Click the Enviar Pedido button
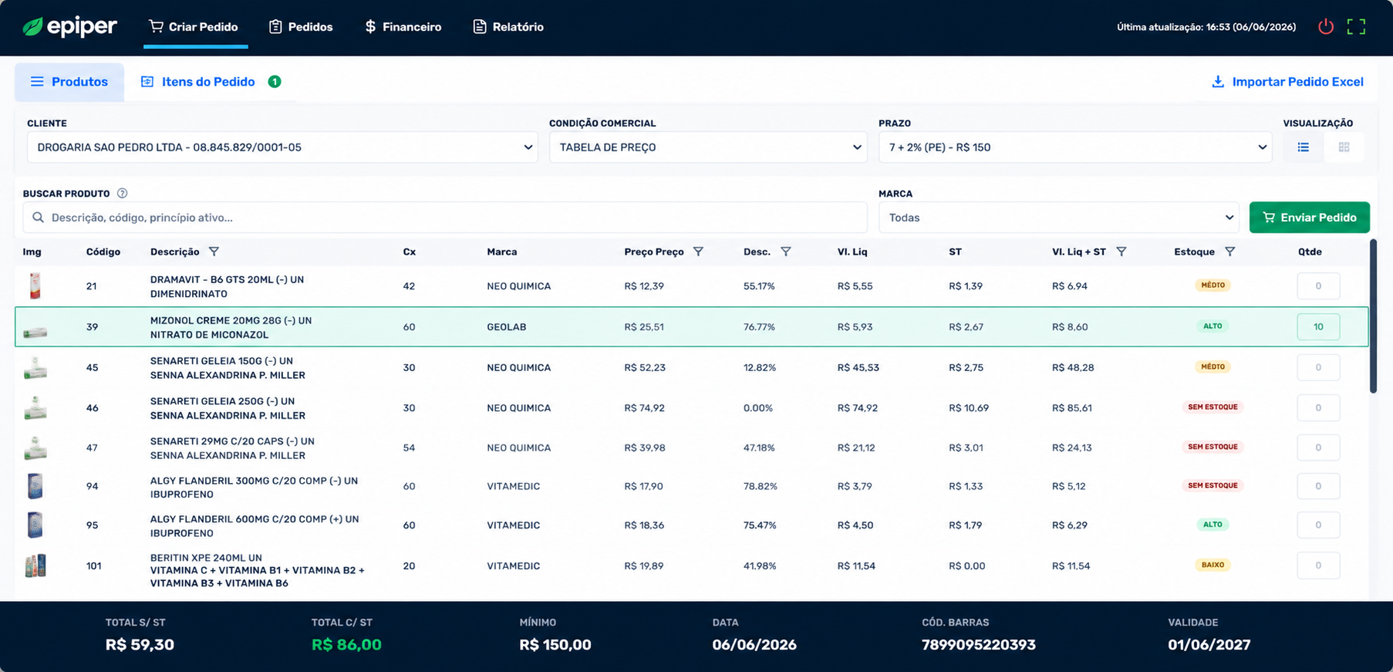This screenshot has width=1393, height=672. [1309, 218]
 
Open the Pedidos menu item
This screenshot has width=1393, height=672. [301, 27]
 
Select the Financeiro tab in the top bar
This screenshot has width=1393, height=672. [403, 27]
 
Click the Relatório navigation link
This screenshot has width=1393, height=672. [508, 27]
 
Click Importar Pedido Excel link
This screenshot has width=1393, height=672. [1287, 82]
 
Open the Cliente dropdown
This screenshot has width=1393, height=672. [282, 147]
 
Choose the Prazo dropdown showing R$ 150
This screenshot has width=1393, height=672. [1075, 147]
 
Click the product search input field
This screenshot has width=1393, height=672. [445, 218]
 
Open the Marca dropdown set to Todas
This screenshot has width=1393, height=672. [1058, 218]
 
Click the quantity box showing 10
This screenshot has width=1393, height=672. [1318, 327]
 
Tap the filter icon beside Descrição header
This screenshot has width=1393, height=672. [214, 252]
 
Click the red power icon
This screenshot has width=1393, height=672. [1326, 27]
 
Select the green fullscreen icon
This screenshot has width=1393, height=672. [1356, 27]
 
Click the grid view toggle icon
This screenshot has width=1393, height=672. [1344, 147]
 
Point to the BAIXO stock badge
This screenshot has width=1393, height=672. [1213, 565]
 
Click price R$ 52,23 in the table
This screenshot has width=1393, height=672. [645, 367]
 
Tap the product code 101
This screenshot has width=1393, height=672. [93, 566]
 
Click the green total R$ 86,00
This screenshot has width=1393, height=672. [346, 644]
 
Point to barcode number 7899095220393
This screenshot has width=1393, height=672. [978, 644]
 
